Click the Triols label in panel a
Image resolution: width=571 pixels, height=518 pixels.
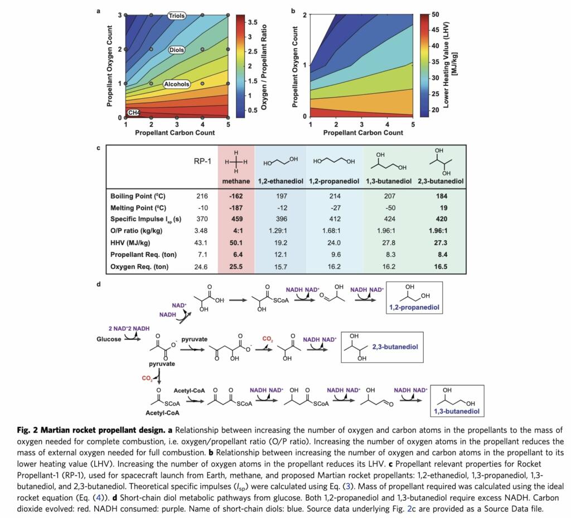177,16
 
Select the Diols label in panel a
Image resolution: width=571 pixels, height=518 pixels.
177,50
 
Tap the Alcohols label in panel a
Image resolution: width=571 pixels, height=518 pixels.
177,84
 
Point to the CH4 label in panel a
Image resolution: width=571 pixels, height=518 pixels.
134,113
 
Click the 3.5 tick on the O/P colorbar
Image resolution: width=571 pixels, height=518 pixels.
253,22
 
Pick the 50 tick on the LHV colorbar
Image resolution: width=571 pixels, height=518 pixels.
435,15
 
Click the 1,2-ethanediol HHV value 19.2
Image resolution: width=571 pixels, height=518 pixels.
281,243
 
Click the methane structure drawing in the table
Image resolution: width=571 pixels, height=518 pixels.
236,161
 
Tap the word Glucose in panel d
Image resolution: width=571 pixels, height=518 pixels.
109,339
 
